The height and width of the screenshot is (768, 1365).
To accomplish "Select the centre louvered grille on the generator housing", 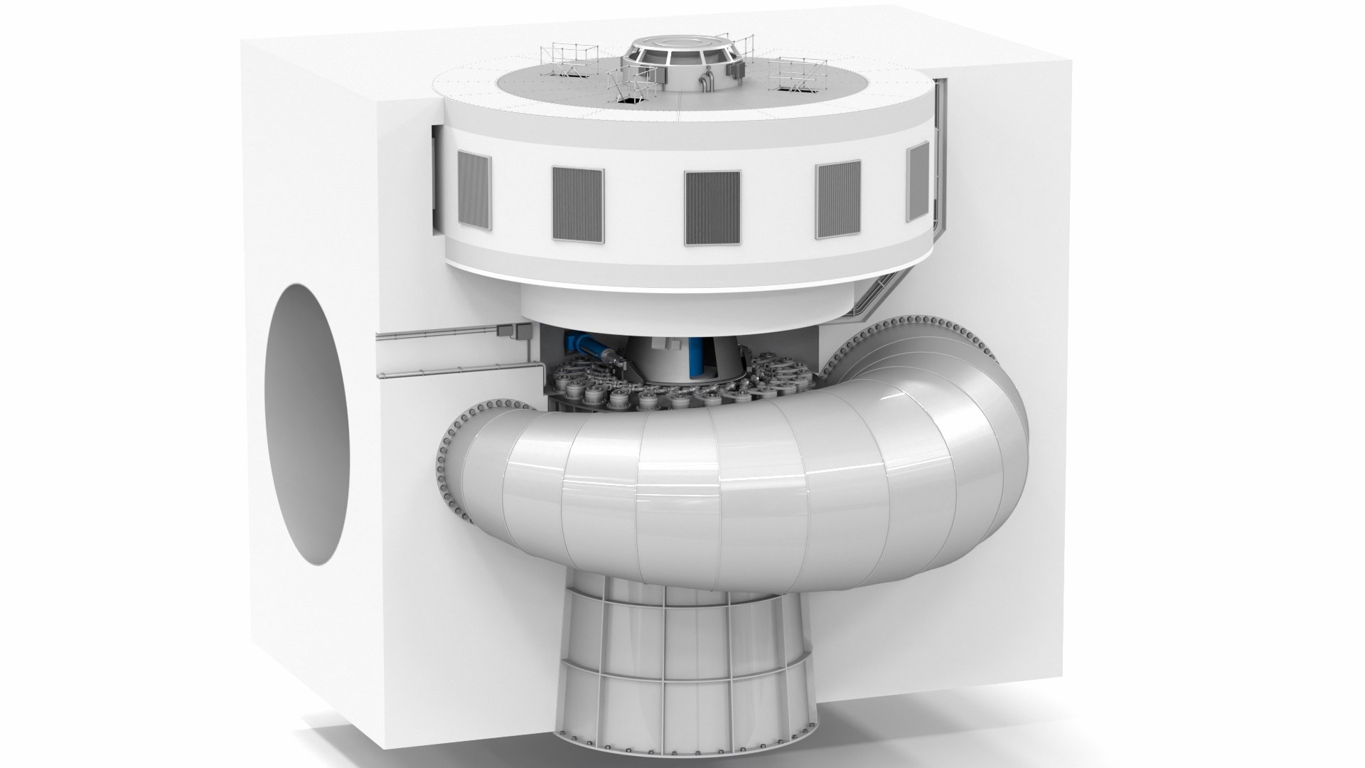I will click(712, 208).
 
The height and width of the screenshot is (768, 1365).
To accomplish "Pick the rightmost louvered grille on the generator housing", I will click(919, 180).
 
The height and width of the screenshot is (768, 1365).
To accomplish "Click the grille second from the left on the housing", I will click(577, 203).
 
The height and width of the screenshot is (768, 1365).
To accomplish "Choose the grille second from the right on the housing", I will click(838, 200).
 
